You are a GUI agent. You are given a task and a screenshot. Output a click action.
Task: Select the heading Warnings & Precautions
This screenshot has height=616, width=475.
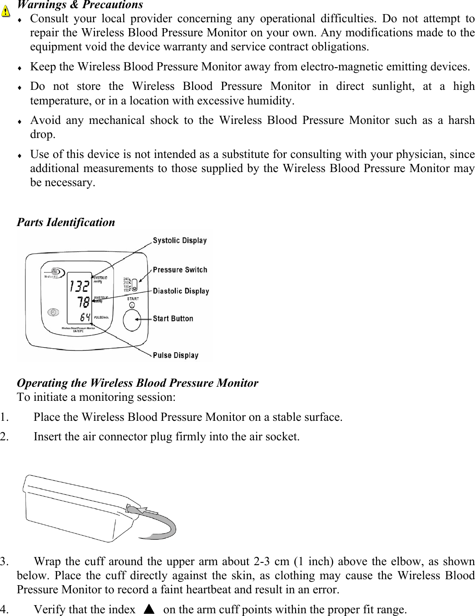pos(80,5)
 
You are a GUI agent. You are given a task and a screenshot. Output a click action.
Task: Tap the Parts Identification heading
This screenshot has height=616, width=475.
pos(66,222)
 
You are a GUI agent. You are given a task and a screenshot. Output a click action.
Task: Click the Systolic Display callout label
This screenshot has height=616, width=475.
pos(179,240)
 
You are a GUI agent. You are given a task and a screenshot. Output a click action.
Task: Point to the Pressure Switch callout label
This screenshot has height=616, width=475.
pos(180,270)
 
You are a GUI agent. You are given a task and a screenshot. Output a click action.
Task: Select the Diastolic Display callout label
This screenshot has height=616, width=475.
pos(181,291)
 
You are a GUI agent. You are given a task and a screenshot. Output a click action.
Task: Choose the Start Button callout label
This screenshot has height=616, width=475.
pos(173,318)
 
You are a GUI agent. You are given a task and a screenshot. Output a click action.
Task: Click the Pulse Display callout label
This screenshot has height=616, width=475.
pos(175,355)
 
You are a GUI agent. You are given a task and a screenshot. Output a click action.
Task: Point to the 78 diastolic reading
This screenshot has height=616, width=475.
pos(83,301)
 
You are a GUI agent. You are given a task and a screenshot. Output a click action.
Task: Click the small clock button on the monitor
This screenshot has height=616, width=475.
pos(54,313)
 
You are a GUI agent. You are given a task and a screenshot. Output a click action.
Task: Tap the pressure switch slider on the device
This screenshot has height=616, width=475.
pos(134,285)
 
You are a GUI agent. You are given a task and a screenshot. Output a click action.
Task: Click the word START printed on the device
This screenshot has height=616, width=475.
pos(133,299)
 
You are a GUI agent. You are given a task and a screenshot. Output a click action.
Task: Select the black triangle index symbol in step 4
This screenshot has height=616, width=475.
pos(149,609)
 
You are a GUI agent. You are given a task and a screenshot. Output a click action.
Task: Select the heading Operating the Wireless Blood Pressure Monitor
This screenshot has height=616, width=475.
pos(137,383)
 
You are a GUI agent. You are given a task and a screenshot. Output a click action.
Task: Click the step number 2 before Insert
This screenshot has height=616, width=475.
pos(4,437)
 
